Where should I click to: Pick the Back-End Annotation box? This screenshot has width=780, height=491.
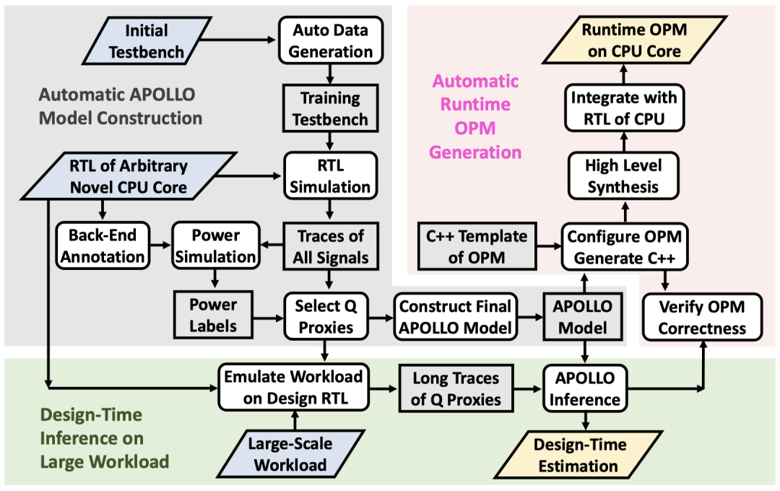pyautogui.click(x=103, y=246)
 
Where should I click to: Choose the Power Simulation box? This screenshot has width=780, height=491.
pyautogui.click(x=214, y=246)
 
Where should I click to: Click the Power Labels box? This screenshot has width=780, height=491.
pyautogui.click(x=213, y=315)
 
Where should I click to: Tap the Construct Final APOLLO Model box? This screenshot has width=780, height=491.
pyautogui.click(x=456, y=315)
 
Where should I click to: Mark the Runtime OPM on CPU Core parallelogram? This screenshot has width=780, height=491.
pyautogui.click(x=623, y=41)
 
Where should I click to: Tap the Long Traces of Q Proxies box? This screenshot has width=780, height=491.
pyautogui.click(x=456, y=388)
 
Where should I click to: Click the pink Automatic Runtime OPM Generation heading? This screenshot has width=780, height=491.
pyautogui.click(x=476, y=116)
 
